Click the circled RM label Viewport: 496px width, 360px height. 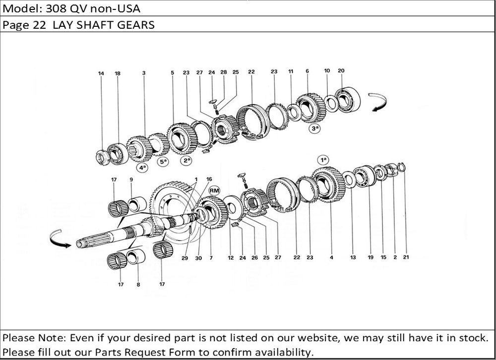[214, 190]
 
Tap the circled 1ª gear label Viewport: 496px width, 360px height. [323, 160]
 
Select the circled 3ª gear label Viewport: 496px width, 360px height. [315, 128]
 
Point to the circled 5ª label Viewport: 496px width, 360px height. [163, 162]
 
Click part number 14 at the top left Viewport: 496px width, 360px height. [101, 74]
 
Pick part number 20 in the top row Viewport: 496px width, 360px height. [341, 70]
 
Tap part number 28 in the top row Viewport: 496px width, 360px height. [224, 72]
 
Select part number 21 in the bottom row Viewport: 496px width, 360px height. [406, 257]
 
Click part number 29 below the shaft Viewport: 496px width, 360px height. [185, 258]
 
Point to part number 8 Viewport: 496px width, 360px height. [138, 285]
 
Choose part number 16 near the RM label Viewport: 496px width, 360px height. [209, 180]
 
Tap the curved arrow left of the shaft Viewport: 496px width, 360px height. [59, 239]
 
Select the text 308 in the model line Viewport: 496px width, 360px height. [57, 8]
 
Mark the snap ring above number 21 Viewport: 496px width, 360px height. [402, 167]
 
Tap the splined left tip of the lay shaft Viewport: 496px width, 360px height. [83, 242]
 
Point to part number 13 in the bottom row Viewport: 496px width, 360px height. [353, 257]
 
